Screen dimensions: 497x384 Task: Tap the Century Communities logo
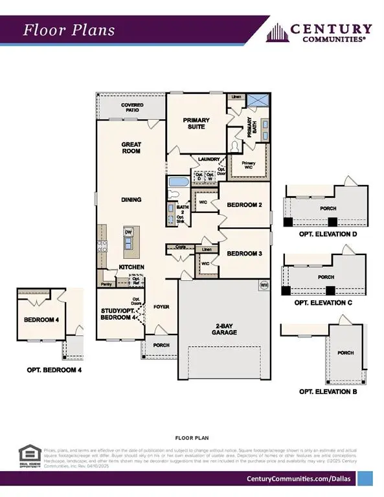(x=321, y=32)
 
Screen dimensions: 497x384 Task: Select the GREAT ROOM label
(x=131, y=148)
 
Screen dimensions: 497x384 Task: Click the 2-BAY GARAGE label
(x=223, y=329)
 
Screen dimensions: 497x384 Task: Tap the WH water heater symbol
(x=264, y=285)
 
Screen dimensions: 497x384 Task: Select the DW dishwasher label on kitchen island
(x=128, y=231)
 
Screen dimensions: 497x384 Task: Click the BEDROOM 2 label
(x=244, y=205)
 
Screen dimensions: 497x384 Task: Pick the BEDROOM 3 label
(x=244, y=254)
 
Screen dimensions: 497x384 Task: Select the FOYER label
(x=161, y=306)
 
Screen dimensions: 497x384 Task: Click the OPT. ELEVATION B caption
(x=325, y=392)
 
